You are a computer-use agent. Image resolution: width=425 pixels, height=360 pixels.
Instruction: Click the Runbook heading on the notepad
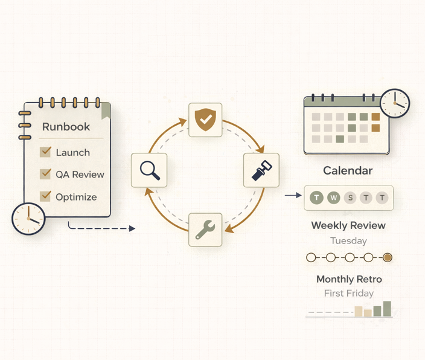[x=66, y=127]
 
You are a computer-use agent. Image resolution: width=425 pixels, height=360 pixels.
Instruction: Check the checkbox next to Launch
[x=45, y=152]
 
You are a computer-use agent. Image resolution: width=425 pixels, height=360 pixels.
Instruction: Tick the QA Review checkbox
[x=45, y=174]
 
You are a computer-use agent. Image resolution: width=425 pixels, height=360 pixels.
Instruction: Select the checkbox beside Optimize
[x=45, y=196]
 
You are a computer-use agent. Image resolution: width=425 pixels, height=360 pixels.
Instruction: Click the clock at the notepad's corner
[x=28, y=219]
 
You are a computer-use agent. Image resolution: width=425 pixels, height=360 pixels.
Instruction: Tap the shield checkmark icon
[x=205, y=120]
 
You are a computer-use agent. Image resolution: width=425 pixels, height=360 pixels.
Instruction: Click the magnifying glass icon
[x=149, y=170]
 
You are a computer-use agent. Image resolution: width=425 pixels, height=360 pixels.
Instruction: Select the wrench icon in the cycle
[x=205, y=230]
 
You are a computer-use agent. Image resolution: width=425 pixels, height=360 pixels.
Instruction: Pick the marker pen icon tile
[x=261, y=170]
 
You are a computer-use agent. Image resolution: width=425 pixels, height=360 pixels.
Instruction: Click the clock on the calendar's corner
[x=395, y=103]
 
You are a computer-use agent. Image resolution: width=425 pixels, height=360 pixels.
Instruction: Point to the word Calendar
[x=348, y=171]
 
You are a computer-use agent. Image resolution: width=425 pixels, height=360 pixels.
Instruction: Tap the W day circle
[x=333, y=198]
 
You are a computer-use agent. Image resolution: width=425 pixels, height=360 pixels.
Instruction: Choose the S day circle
[x=350, y=198]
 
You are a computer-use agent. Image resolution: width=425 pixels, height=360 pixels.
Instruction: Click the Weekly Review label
[x=348, y=225]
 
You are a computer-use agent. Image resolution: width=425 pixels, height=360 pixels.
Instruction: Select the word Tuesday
[x=348, y=240]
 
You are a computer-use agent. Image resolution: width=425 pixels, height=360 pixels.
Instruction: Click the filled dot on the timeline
[x=388, y=257]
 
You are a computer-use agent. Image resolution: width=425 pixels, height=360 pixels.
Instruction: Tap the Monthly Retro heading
[x=349, y=279]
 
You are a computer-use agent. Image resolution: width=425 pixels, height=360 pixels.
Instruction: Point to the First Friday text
[x=348, y=294]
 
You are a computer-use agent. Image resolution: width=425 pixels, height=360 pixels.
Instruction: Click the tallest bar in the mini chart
[x=387, y=309]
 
